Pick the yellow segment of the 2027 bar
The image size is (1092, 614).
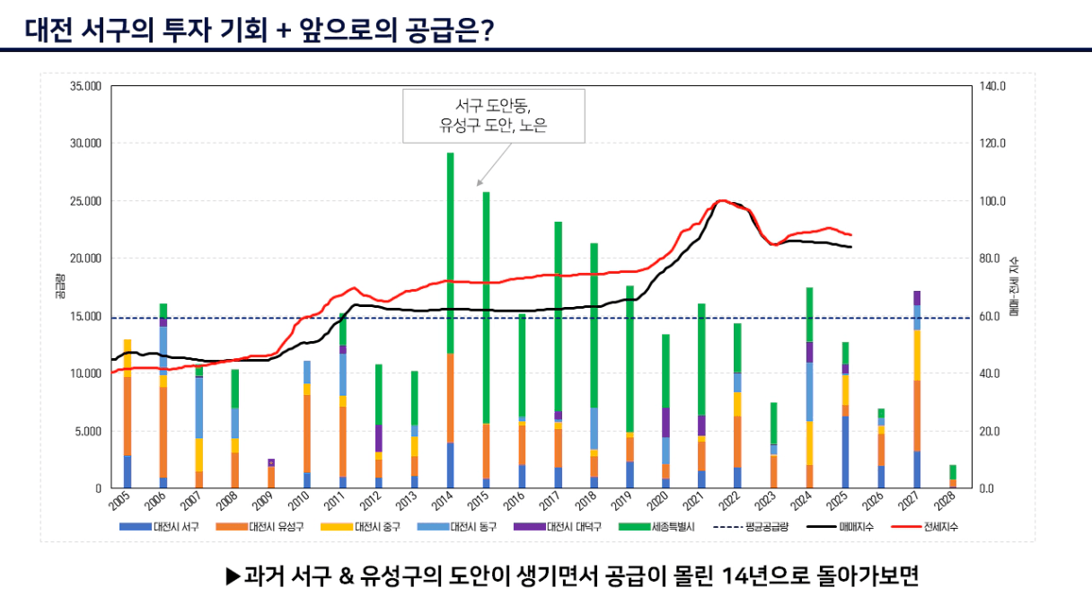[917, 355]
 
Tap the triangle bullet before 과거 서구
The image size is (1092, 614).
[232, 575]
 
